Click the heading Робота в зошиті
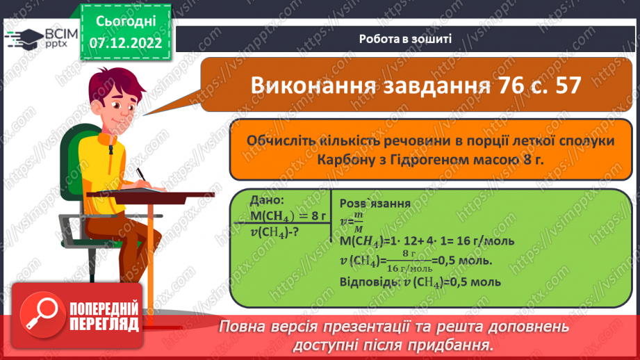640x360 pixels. (x=406, y=38)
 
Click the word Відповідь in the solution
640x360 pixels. (x=369, y=284)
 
